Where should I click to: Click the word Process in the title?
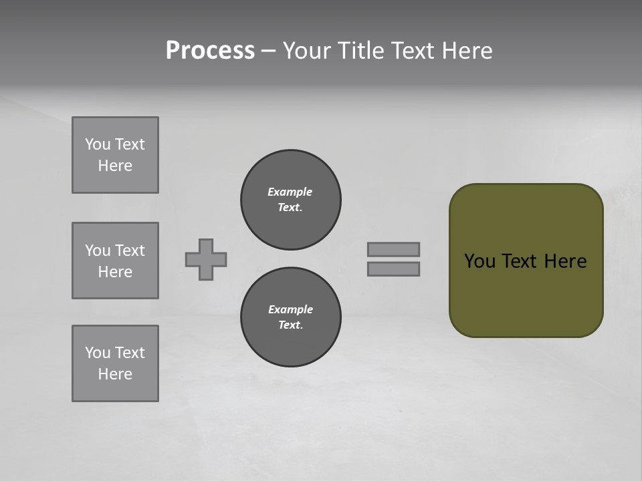[210, 51]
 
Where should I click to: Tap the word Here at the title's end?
[465, 51]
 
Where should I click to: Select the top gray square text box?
[115, 155]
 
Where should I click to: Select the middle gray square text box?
[115, 261]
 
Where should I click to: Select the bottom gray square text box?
[115, 363]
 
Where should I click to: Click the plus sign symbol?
[206, 259]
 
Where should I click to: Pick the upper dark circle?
[290, 200]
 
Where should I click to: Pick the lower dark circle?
[290, 317]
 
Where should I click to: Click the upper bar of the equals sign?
[393, 249]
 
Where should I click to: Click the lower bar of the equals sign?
[393, 269]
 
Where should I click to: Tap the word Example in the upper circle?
[290, 192]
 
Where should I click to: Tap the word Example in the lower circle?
[290, 309]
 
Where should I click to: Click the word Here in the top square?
[115, 166]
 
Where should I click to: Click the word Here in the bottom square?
[115, 374]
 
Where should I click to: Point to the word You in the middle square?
[98, 251]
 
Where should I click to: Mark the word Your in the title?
[306, 51]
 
